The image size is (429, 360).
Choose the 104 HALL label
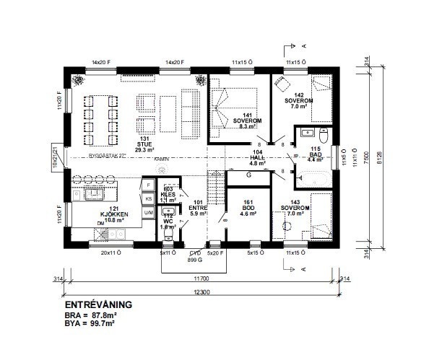[258, 159]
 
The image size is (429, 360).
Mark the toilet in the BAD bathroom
[324, 136]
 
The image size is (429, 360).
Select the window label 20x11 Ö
[111, 253]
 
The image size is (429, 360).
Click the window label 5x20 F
[215, 253]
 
